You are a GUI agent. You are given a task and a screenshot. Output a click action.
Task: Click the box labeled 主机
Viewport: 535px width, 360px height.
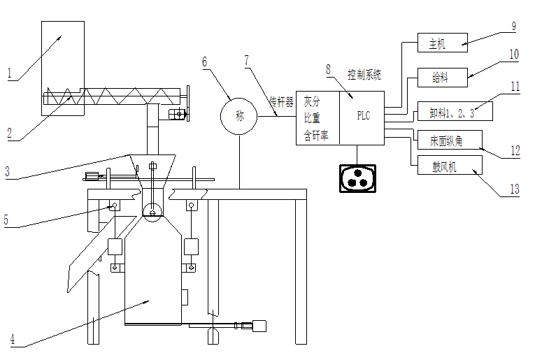click(442, 43)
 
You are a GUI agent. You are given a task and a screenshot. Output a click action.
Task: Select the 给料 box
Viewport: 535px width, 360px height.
click(442, 78)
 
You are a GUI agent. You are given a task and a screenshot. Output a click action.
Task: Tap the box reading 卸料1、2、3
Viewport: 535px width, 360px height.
click(455, 111)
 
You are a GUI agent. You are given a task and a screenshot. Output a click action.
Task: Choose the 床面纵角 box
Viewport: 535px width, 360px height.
click(450, 140)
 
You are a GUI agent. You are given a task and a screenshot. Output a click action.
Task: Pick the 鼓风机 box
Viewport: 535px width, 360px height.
click(450, 166)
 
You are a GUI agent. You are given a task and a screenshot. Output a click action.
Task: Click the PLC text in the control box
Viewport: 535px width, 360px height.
click(364, 115)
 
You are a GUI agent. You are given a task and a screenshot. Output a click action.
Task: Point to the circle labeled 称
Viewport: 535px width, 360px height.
click(239, 117)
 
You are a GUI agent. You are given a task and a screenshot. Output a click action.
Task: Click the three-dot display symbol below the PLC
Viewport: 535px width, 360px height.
click(357, 179)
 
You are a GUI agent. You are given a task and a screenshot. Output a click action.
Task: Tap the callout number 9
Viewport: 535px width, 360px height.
click(514, 27)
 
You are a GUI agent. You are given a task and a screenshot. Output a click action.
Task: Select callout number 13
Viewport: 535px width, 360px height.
click(515, 189)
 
